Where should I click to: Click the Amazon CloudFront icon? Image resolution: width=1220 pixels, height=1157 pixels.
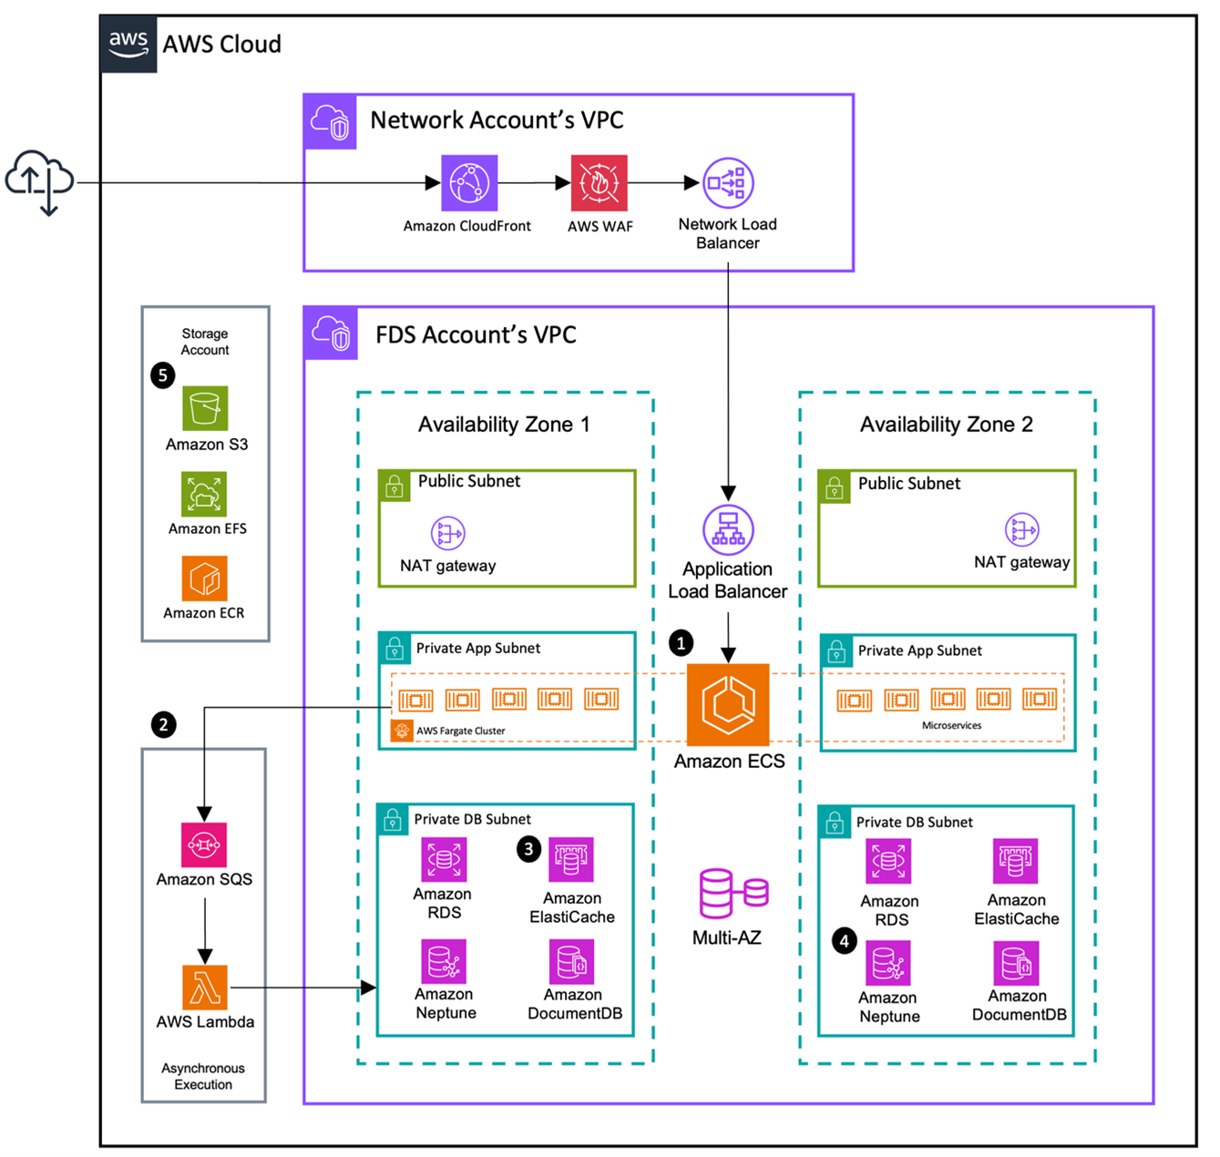469,183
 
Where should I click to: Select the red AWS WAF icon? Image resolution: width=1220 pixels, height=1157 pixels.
599,183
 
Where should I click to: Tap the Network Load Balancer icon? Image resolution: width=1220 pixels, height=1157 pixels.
727,183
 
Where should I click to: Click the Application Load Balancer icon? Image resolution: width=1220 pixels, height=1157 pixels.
727,529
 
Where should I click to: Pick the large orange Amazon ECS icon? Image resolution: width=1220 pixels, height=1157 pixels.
728,704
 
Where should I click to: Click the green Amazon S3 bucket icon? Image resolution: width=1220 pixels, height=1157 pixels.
205,408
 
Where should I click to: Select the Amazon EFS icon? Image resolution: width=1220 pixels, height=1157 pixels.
204,495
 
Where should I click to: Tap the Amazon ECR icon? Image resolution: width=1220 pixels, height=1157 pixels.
204,579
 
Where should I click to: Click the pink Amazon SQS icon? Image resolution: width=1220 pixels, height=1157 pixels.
204,845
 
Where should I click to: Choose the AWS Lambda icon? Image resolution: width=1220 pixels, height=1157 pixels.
204,988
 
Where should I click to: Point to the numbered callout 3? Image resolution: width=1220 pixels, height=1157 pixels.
528,849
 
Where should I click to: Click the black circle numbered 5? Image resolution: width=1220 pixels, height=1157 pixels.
163,374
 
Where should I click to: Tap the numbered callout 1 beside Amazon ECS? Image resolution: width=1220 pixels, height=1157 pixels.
681,643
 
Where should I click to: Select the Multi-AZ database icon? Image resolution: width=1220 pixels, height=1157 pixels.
733,894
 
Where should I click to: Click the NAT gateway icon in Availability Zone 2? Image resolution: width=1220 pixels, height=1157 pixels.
1021,529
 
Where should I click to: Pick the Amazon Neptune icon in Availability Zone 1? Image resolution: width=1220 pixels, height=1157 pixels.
444,962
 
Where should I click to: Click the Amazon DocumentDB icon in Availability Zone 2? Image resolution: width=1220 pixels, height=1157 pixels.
1016,964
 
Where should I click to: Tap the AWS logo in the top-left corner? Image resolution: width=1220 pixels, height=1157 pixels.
128,44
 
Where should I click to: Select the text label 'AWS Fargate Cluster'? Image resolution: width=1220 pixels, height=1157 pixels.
460,731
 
